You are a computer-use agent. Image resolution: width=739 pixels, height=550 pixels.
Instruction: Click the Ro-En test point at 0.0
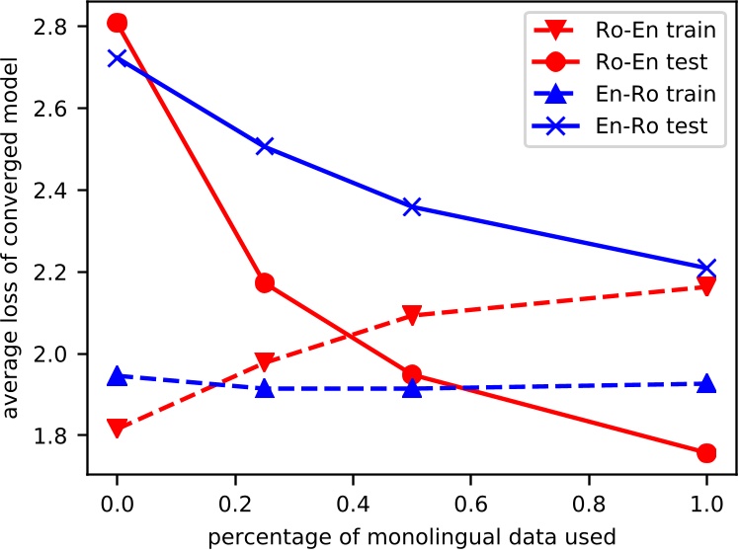pos(118,23)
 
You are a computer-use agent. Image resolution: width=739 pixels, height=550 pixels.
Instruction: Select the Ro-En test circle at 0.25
pos(265,283)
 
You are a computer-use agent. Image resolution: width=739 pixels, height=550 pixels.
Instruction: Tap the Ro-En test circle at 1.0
pos(706,452)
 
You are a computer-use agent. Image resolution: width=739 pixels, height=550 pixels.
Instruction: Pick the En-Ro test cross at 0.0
pos(118,58)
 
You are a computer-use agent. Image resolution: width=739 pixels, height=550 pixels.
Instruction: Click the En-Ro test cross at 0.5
pos(412,207)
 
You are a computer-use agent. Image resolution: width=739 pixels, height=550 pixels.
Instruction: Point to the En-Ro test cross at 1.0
pos(706,268)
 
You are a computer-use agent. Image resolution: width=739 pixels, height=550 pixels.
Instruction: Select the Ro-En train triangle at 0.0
pos(118,429)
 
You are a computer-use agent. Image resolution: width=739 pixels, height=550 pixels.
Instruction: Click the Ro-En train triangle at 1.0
pos(706,287)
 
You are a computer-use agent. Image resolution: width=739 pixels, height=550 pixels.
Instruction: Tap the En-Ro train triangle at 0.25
pos(265,388)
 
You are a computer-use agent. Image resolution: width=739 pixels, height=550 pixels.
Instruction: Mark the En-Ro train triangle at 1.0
pos(706,383)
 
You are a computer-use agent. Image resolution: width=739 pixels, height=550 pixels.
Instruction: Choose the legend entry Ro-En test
pos(642,61)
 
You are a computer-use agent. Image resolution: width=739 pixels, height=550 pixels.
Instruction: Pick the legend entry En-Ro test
pos(642,125)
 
